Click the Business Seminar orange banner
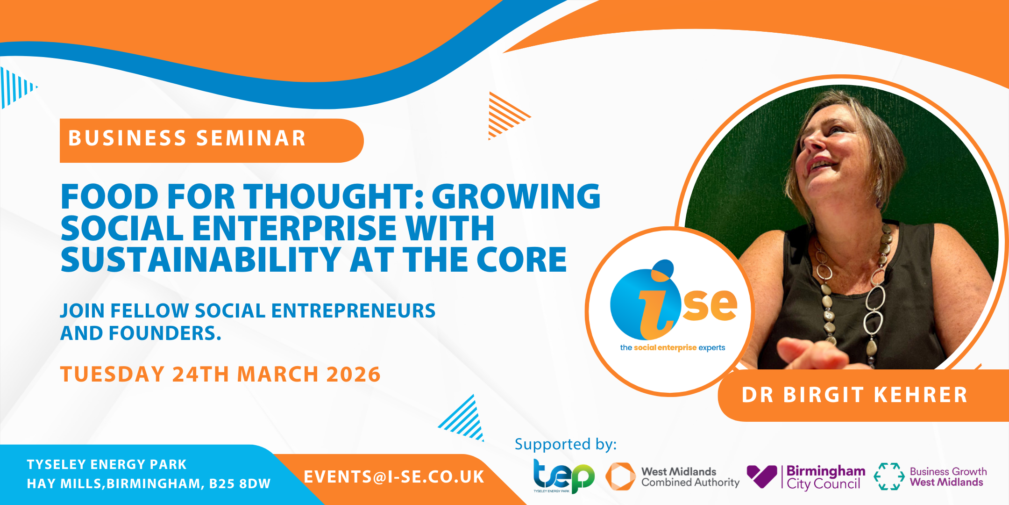point(211,140)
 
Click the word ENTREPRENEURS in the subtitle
point(354,311)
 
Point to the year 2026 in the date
point(354,375)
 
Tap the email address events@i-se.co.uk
point(394,477)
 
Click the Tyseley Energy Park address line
point(107,464)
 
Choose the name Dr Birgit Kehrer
point(854,395)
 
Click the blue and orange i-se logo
point(673,300)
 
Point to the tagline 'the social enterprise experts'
point(673,347)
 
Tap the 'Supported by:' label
point(566,444)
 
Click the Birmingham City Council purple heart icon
point(762,476)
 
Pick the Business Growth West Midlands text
point(948,477)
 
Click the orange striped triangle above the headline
point(508,115)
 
